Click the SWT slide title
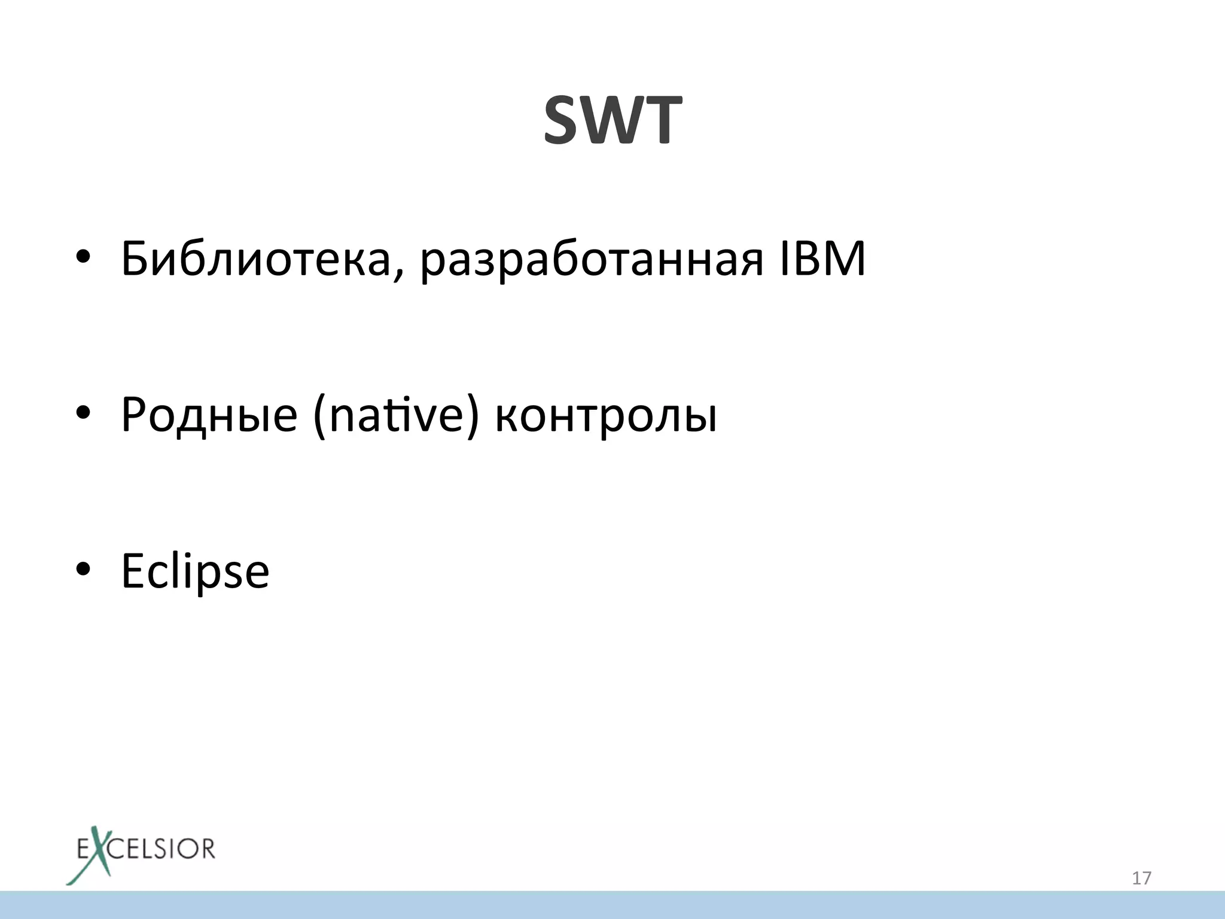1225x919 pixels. click(x=612, y=121)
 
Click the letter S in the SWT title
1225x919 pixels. click(x=566, y=121)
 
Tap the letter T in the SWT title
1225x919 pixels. click(x=659, y=121)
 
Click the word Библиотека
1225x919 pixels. click(x=255, y=258)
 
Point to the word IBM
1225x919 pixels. click(x=822, y=258)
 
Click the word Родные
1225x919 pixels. click(x=209, y=415)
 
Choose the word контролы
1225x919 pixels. click(x=606, y=415)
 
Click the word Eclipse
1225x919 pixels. click(x=195, y=571)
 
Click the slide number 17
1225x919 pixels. click(x=1141, y=878)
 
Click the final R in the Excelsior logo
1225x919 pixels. click(x=206, y=849)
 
